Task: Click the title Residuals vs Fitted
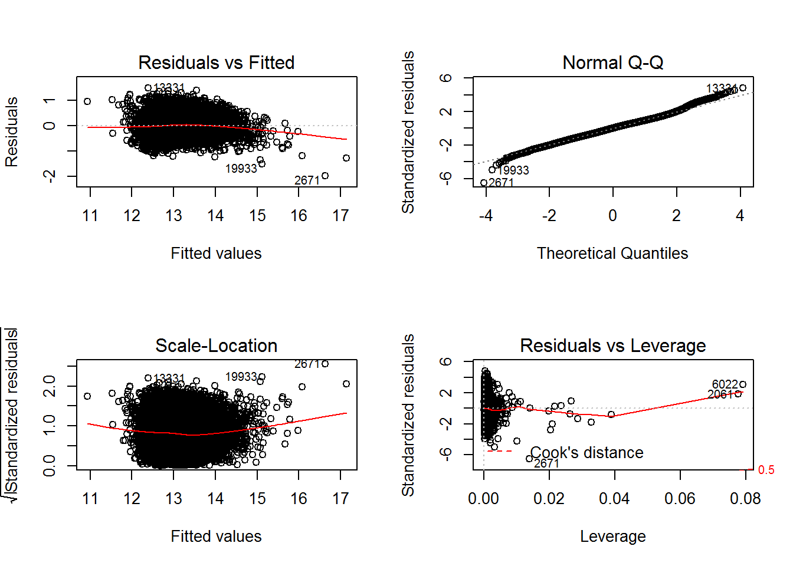click(216, 62)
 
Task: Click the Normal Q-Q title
click(612, 62)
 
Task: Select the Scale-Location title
click(216, 345)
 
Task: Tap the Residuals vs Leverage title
click(612, 345)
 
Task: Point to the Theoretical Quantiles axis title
click(612, 254)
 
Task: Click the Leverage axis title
click(612, 537)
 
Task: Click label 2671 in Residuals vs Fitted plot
click(307, 180)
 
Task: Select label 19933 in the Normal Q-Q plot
click(513, 170)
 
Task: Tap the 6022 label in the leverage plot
click(725, 384)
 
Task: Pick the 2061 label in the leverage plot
click(720, 394)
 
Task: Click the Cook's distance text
click(586, 453)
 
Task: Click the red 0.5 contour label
click(766, 470)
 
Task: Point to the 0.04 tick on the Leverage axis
click(614, 499)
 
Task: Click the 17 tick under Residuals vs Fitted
click(340, 216)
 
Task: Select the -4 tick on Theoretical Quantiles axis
click(486, 216)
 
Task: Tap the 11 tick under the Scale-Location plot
click(90, 499)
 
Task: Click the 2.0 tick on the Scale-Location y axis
click(50, 386)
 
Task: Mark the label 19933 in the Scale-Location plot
click(241, 377)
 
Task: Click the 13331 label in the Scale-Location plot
click(169, 378)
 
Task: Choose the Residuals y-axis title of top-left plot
click(12, 131)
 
